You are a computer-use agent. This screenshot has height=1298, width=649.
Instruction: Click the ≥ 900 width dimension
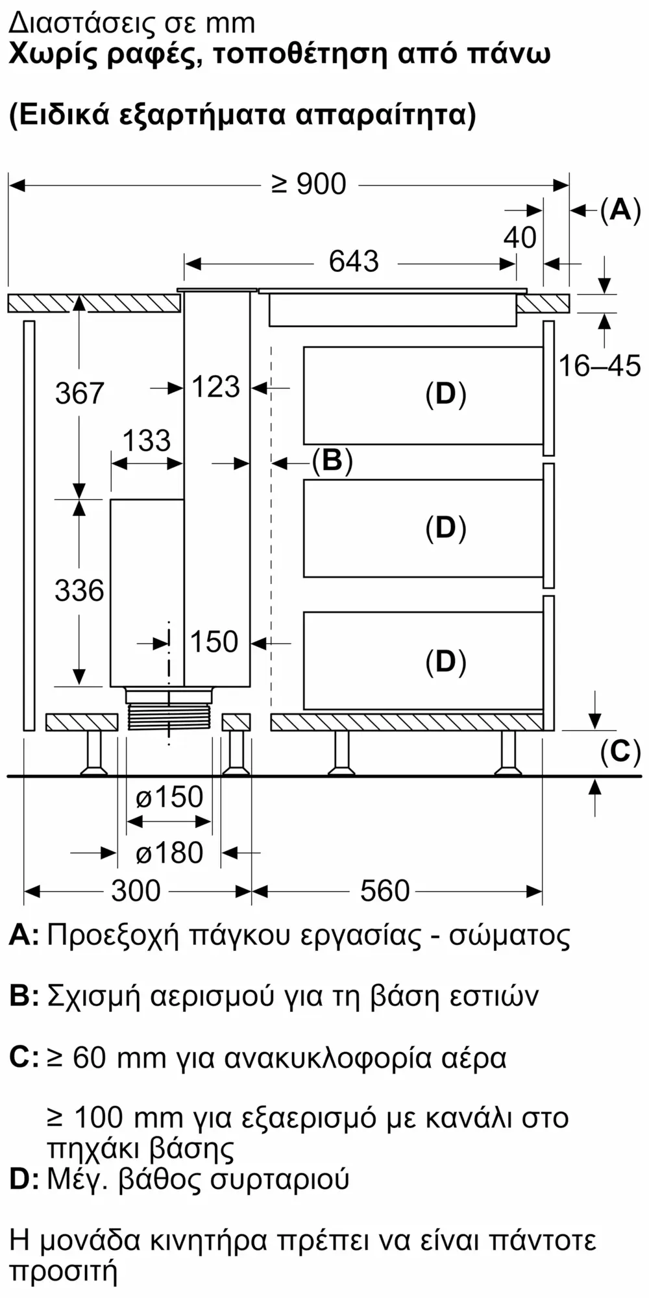[x=309, y=185]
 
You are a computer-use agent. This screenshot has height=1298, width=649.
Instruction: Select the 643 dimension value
[x=354, y=262]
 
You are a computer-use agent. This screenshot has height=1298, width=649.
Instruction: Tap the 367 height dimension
[x=79, y=394]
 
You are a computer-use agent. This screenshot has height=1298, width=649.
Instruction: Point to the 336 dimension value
[x=79, y=591]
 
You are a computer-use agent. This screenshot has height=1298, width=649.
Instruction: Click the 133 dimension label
[x=147, y=441]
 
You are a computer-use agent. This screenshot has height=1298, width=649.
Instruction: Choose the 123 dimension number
[x=216, y=387]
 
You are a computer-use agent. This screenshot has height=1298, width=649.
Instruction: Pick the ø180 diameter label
[x=169, y=853]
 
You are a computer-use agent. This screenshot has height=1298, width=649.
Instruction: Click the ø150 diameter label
[x=169, y=797]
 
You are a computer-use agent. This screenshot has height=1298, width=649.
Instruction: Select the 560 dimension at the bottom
[x=385, y=891]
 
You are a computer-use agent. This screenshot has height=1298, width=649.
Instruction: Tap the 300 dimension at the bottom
[x=136, y=891]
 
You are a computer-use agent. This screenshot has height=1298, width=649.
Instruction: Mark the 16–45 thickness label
[x=600, y=367]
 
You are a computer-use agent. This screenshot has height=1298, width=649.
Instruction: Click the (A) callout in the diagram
[x=620, y=210]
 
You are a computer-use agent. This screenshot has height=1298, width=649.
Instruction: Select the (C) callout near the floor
[x=620, y=752]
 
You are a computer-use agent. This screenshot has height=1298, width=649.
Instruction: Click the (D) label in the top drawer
[x=446, y=394]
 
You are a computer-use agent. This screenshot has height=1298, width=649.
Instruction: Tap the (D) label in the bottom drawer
[x=446, y=662]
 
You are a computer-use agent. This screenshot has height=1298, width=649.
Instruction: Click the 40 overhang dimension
[x=520, y=238]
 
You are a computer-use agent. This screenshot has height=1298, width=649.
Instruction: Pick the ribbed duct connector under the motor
[x=169, y=717]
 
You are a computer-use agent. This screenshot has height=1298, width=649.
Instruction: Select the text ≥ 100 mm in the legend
[x=114, y=1118]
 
